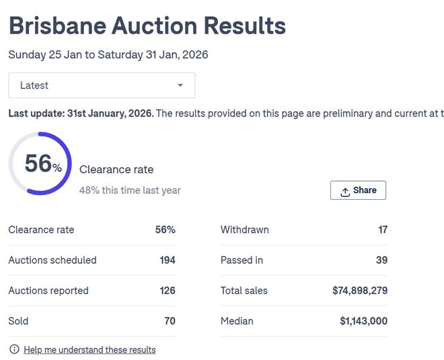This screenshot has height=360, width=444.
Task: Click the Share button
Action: click(x=358, y=190)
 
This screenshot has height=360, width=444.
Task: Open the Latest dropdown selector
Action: click(x=102, y=85)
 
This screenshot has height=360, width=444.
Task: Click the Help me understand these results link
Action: click(x=89, y=350)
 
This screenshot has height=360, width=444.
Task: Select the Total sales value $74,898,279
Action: click(x=360, y=291)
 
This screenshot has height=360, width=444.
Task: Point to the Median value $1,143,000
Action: click(x=363, y=321)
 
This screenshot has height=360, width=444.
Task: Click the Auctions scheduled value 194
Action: click(x=168, y=260)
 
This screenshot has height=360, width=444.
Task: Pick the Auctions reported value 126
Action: click(x=168, y=291)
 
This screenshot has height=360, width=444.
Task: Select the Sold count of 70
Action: click(x=170, y=321)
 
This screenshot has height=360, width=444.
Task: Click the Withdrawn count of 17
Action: click(x=382, y=230)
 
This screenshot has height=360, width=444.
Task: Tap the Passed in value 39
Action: click(x=381, y=260)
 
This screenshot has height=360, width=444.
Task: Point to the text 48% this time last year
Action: click(x=130, y=190)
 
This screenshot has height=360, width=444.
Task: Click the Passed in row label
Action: click(x=242, y=260)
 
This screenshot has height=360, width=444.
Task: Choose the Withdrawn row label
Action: click(x=244, y=230)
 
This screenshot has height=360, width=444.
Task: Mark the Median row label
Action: click(x=237, y=321)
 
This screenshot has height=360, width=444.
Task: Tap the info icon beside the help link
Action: click(x=14, y=349)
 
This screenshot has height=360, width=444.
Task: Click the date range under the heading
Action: click(x=108, y=55)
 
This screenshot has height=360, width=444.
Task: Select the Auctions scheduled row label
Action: click(x=52, y=260)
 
